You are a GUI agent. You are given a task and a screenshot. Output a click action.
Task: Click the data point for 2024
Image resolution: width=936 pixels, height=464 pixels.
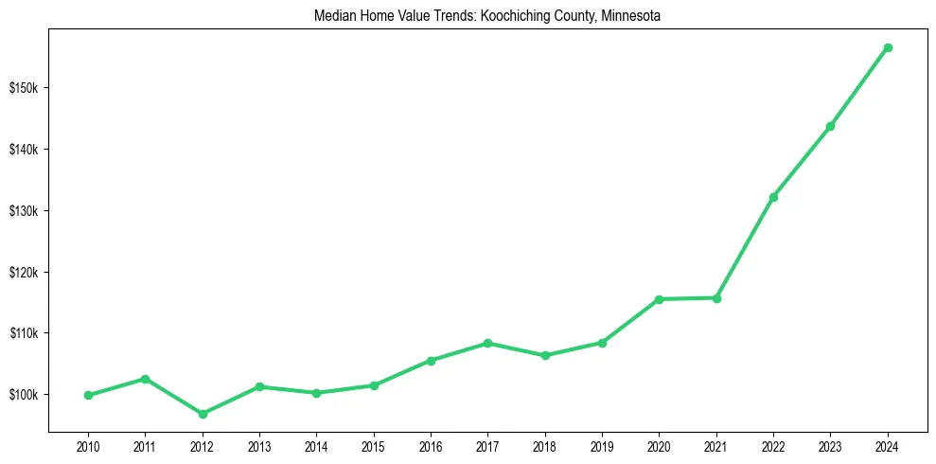pyautogui.click(x=888, y=47)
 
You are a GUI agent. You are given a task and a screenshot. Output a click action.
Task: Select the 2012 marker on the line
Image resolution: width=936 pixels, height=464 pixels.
pyautogui.click(x=203, y=414)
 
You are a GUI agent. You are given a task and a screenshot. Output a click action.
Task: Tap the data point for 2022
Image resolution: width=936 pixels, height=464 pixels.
pyautogui.click(x=773, y=197)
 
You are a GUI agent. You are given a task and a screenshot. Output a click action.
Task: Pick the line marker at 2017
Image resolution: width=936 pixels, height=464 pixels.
pyautogui.click(x=488, y=343)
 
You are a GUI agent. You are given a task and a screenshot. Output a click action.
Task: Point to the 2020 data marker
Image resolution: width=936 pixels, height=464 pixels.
pyautogui.click(x=660, y=299)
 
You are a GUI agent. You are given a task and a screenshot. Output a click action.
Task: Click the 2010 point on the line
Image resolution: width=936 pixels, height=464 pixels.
pyautogui.click(x=88, y=395)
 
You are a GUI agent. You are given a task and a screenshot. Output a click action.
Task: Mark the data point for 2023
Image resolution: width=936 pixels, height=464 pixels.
pyautogui.click(x=830, y=126)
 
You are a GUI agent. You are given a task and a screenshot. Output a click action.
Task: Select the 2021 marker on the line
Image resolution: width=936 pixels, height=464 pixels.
pyautogui.click(x=716, y=298)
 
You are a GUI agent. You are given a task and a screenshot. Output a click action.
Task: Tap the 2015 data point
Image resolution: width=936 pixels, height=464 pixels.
pyautogui.click(x=374, y=385)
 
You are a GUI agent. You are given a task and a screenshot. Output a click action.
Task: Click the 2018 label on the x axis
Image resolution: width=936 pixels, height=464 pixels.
pyautogui.click(x=545, y=446)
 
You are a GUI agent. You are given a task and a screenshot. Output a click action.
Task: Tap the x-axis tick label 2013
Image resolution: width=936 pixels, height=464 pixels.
pyautogui.click(x=259, y=446)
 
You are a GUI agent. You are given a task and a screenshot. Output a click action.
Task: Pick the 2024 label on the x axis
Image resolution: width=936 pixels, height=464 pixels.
pyautogui.click(x=888, y=446)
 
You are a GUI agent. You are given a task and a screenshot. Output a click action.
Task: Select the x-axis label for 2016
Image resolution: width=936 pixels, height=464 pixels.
pyautogui.click(x=431, y=446)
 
